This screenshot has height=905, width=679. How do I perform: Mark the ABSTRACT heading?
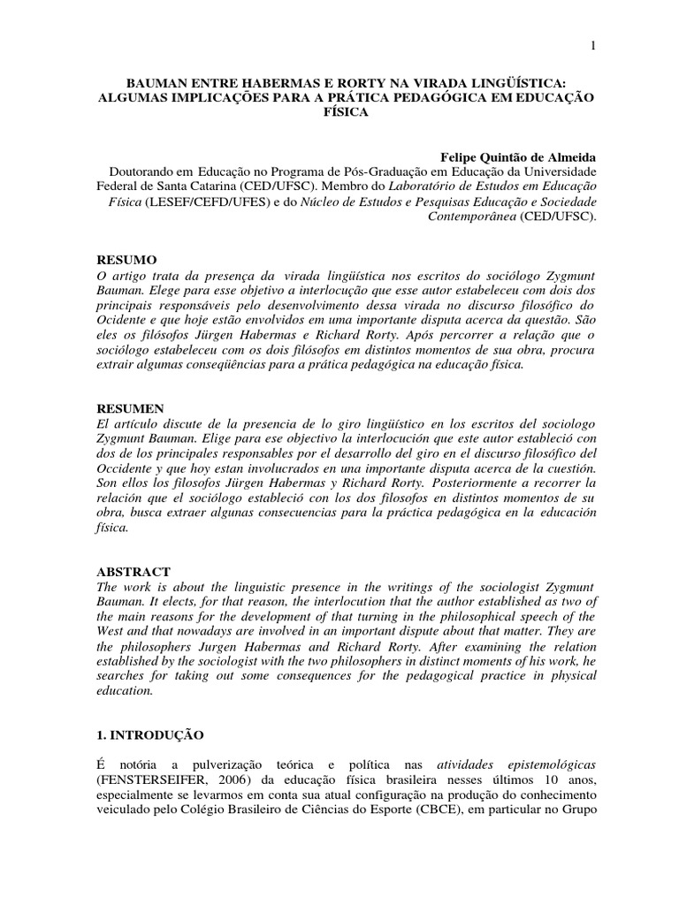click(134, 574)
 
